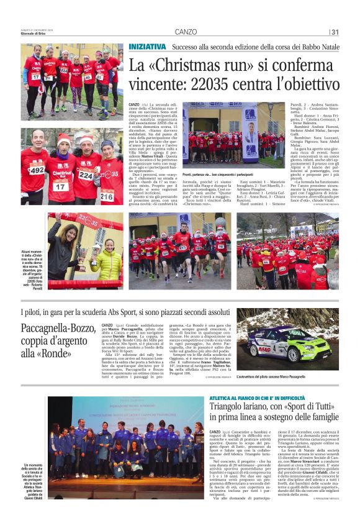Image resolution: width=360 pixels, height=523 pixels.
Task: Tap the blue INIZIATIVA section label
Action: [148, 47]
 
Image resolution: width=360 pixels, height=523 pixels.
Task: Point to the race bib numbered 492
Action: [37, 169]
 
